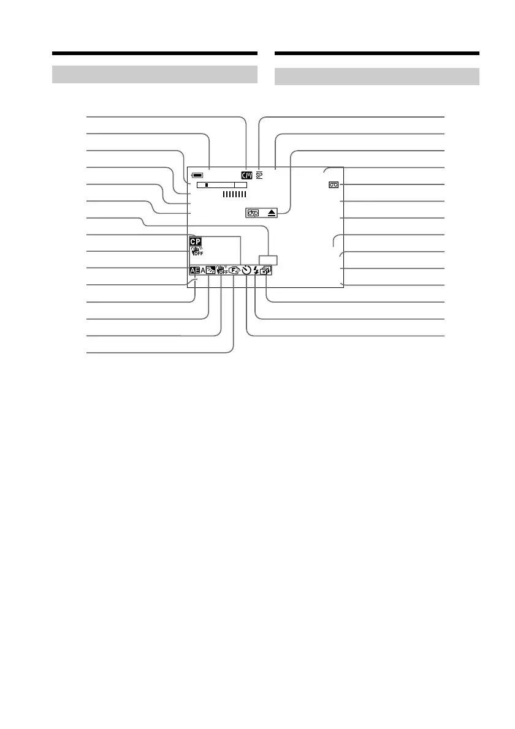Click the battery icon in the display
tap(197, 175)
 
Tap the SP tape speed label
tap(259, 175)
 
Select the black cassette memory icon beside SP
tap(246, 175)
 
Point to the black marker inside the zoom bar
tap(207, 184)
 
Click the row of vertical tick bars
tap(234, 194)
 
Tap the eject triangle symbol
tap(271, 213)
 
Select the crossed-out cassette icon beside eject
tap(253, 213)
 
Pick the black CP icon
tap(196, 243)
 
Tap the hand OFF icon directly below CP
tap(197, 252)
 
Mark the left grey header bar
tap(154, 74)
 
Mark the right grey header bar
tap(376, 76)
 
